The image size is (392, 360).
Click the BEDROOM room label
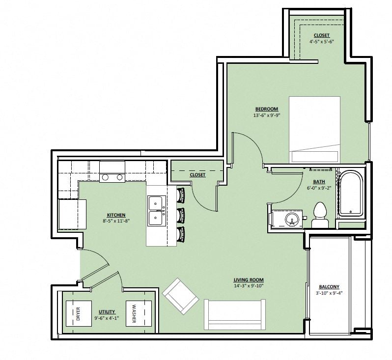(x=267, y=109)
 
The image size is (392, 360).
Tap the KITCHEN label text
(x=116, y=215)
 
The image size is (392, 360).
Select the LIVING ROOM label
(x=249, y=280)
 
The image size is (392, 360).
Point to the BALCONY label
(x=329, y=287)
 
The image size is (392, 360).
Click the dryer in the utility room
(x=79, y=313)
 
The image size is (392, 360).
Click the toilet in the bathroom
(x=320, y=215)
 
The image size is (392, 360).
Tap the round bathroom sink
(x=292, y=219)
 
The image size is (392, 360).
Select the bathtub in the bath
(x=351, y=193)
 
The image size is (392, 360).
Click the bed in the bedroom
(x=314, y=130)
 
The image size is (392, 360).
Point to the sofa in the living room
(x=234, y=314)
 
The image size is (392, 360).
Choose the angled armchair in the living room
(x=180, y=296)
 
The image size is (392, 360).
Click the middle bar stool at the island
(x=180, y=215)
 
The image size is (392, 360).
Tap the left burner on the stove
(x=105, y=177)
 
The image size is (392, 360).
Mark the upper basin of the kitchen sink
(x=156, y=203)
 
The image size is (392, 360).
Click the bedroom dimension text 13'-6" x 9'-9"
(x=267, y=115)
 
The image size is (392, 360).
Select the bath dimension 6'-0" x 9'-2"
(x=319, y=188)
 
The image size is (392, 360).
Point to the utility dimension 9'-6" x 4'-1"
(x=107, y=318)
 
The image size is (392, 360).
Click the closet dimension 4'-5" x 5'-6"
(x=322, y=42)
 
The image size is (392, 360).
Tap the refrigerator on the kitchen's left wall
(x=72, y=214)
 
